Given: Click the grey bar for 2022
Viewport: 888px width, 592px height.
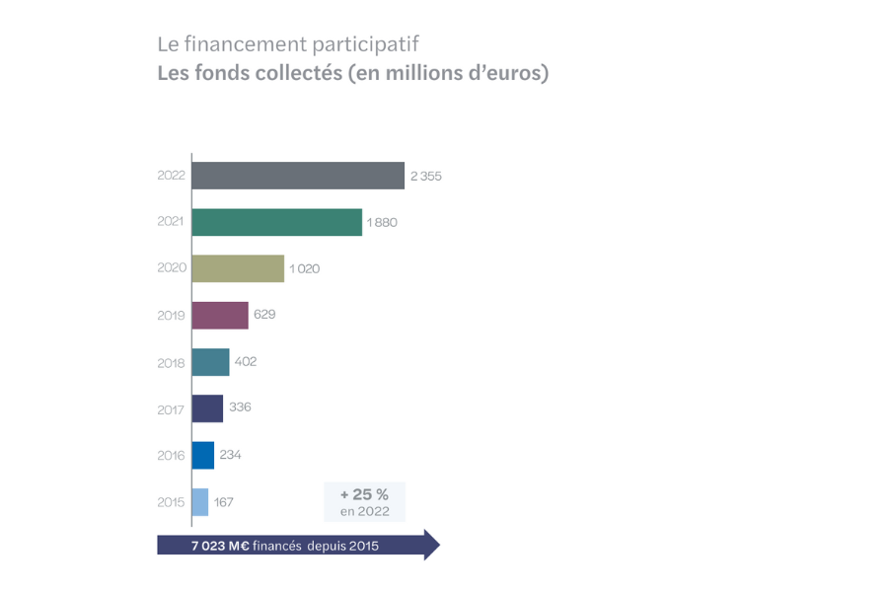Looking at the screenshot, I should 298,176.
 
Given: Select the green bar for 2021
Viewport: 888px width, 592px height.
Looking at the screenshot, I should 277,222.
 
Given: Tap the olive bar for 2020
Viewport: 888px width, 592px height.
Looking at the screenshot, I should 238,268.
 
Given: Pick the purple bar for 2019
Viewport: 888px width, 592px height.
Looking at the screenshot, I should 220,315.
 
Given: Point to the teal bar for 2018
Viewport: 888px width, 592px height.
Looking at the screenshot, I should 210,362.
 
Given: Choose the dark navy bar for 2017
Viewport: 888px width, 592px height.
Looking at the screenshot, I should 207,408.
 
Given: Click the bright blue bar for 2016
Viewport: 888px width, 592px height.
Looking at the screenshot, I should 203,455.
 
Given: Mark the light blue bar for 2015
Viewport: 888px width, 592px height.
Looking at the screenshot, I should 200,501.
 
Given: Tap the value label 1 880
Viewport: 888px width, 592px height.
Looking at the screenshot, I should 382,222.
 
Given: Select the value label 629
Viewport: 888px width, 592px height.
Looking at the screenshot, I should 264,315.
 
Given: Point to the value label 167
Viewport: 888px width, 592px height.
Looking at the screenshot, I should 223,501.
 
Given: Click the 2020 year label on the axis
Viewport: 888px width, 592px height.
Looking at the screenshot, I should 171,268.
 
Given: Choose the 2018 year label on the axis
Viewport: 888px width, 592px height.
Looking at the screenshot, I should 171,362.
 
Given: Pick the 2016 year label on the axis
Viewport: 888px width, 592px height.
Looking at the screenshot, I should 171,455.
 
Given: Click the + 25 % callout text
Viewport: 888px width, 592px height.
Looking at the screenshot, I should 364,494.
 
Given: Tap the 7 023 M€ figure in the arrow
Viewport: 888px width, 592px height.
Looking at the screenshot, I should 220,545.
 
